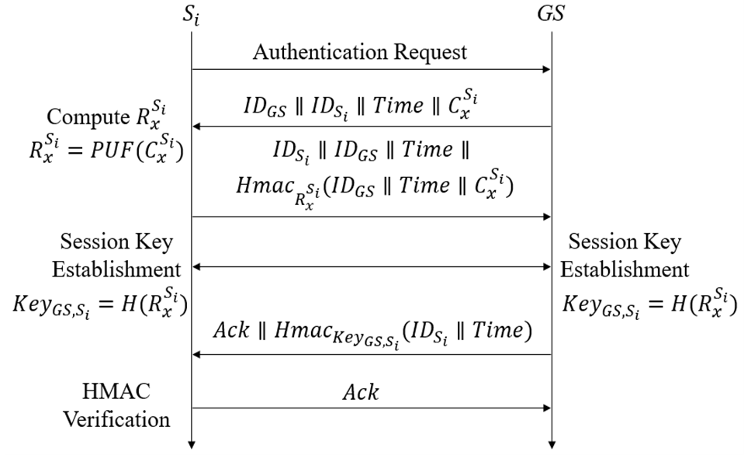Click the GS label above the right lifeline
[550, 14]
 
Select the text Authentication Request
[360, 52]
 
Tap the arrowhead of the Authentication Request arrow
[545, 70]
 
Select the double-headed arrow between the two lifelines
[371, 266]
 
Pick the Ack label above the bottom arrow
[360, 392]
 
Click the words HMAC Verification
[116, 405]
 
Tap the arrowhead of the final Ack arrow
[545, 407]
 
